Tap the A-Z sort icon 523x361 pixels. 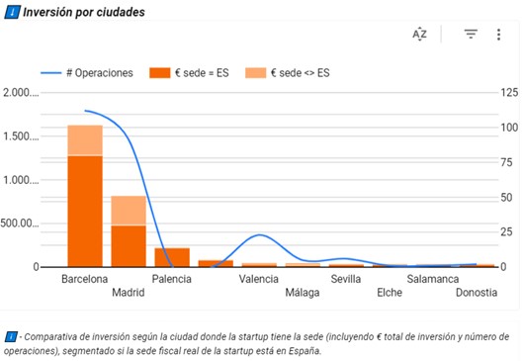(419, 34)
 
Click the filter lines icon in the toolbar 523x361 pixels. (471, 34)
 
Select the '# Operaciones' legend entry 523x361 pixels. (90, 72)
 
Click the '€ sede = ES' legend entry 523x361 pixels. (190, 72)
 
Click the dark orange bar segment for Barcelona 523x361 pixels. (85, 211)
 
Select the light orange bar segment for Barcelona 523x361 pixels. (85, 140)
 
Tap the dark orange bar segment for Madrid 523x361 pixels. (129, 246)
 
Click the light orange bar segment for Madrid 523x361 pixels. (129, 211)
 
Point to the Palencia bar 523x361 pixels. (172, 257)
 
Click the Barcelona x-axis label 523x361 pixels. (84, 280)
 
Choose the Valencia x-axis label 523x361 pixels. (258, 280)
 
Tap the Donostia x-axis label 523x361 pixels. (476, 293)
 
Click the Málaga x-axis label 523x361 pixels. (303, 293)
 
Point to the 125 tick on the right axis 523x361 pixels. (509, 93)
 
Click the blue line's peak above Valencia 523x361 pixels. (259, 234)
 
